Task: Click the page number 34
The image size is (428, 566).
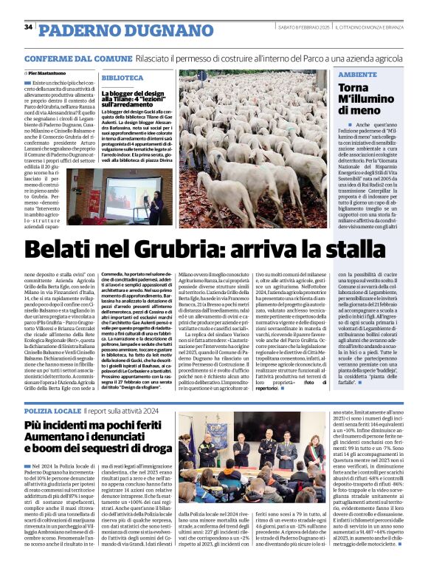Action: pos(28,27)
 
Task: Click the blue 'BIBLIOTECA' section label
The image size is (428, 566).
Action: pos(122,77)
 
